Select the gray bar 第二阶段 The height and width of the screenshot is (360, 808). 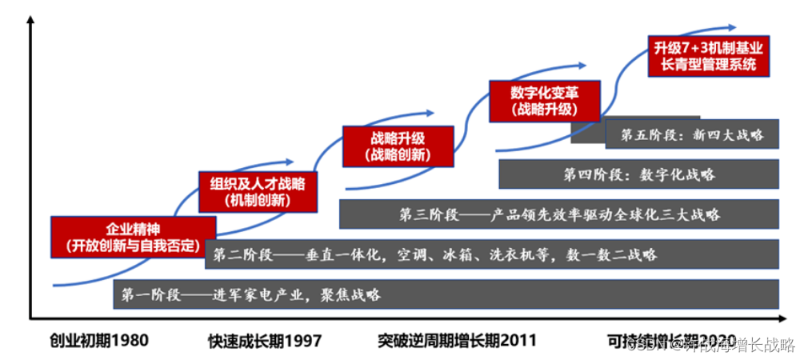tap(492, 254)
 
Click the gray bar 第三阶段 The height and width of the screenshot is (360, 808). tap(558, 214)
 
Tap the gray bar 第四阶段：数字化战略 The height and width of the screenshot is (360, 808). tap(638, 174)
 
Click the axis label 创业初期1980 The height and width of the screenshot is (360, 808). tap(99, 341)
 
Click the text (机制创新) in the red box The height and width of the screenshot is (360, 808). tap(258, 199)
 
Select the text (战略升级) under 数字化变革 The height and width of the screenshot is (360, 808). tap(543, 110)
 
